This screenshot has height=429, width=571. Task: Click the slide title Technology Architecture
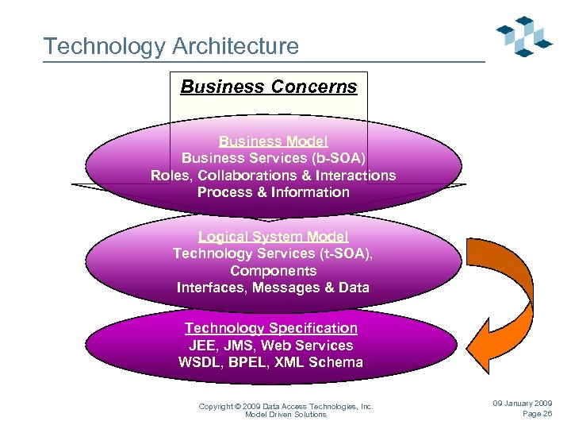pos(171,46)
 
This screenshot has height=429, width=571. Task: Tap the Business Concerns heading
pos(269,87)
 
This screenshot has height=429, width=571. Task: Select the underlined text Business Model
pos(273,141)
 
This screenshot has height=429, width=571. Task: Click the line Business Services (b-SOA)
pos(273,157)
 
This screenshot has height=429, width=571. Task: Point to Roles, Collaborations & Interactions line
pos(273,175)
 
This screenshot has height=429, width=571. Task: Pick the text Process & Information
pos(273,192)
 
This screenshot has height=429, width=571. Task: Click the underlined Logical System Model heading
pos(273,237)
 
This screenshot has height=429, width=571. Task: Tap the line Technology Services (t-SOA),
pos(273,253)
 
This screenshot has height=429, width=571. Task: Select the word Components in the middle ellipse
pos(273,271)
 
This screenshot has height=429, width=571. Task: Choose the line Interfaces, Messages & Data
pos(273,288)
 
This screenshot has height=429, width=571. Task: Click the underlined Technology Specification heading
pos(271,328)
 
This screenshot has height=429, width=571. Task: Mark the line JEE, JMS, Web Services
pos(271,346)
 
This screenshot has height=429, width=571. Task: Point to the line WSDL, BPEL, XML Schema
pos(271,362)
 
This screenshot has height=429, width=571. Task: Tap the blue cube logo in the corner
pos(523,36)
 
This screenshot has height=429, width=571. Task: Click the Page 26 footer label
pos(537,414)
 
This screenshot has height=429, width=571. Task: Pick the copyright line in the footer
pos(285,407)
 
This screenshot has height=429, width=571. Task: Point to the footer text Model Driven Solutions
pos(285,415)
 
